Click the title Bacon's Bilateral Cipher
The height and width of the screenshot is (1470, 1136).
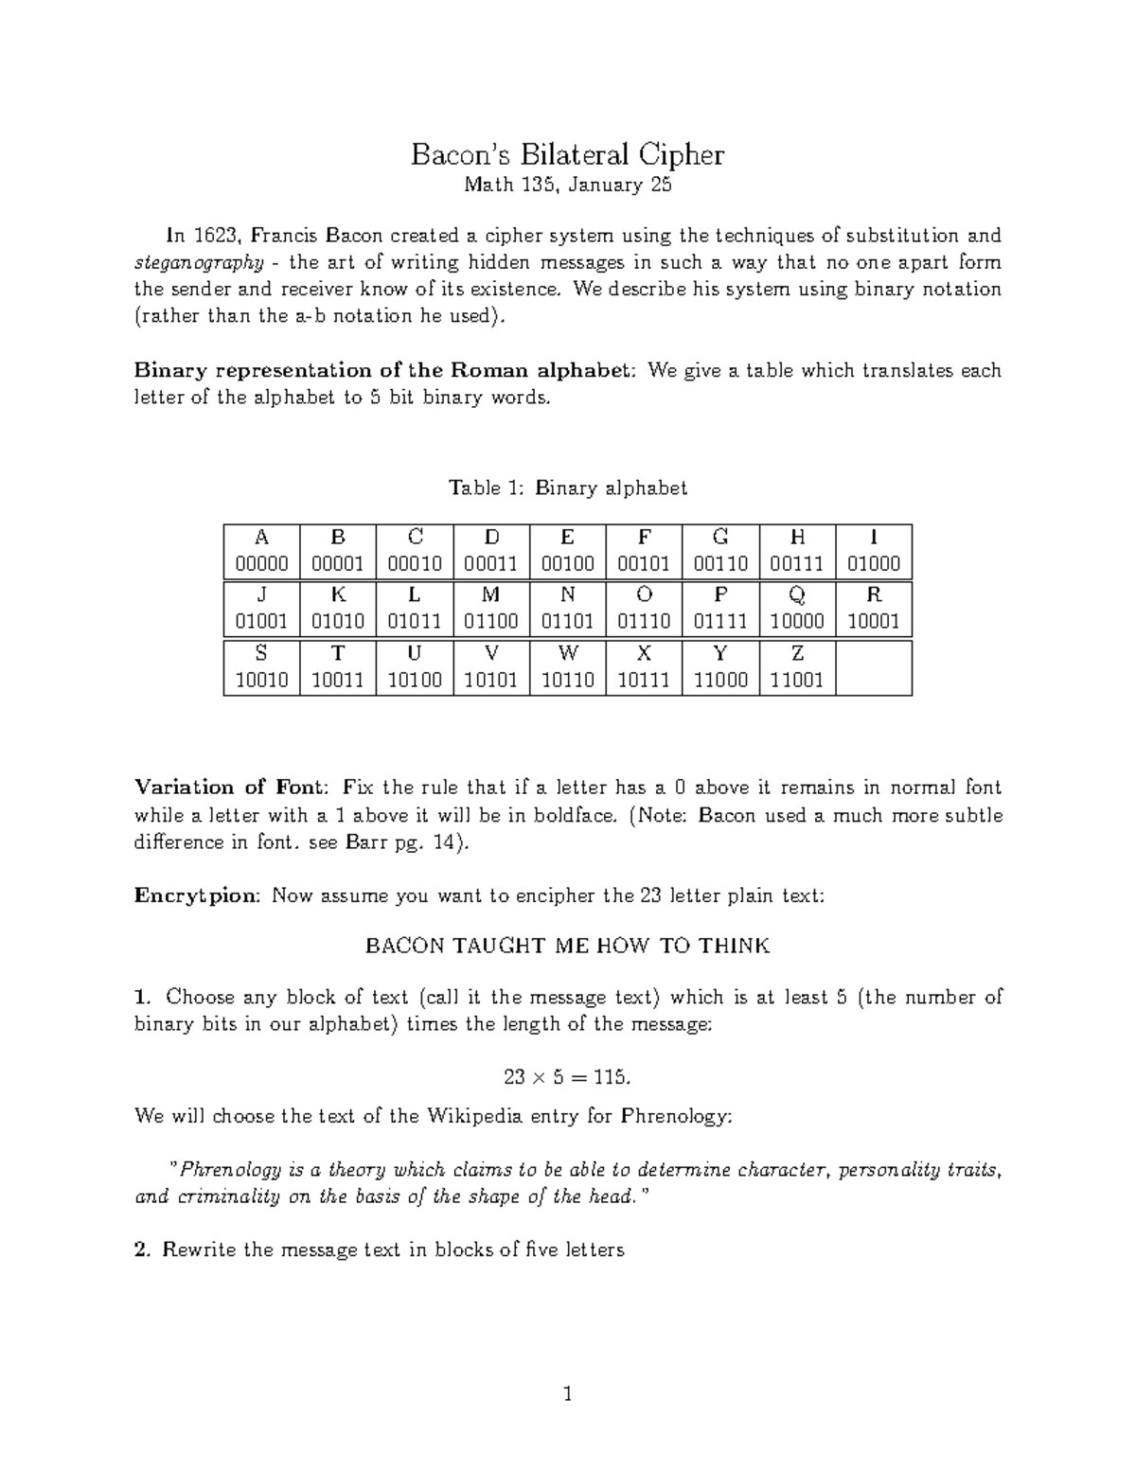(567, 154)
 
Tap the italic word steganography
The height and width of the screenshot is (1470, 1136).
(198, 262)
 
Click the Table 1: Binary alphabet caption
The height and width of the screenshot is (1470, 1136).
(567, 488)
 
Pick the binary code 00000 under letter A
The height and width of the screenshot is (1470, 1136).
(261, 564)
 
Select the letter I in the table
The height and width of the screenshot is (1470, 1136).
(873, 538)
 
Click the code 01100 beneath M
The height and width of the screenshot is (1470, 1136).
(490, 622)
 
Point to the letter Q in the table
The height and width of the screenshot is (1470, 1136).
(797, 595)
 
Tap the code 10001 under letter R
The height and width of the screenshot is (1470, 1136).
(873, 622)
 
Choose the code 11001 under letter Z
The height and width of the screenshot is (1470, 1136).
(797, 680)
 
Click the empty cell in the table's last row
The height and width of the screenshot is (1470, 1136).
(874, 668)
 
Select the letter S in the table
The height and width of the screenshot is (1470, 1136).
(261, 653)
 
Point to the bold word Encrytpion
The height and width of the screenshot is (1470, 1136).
(196, 895)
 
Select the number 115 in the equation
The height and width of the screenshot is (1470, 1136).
(610, 1077)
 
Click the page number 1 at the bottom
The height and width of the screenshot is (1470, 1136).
(568, 1394)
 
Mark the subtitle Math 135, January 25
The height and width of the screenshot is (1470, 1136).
(567, 186)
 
